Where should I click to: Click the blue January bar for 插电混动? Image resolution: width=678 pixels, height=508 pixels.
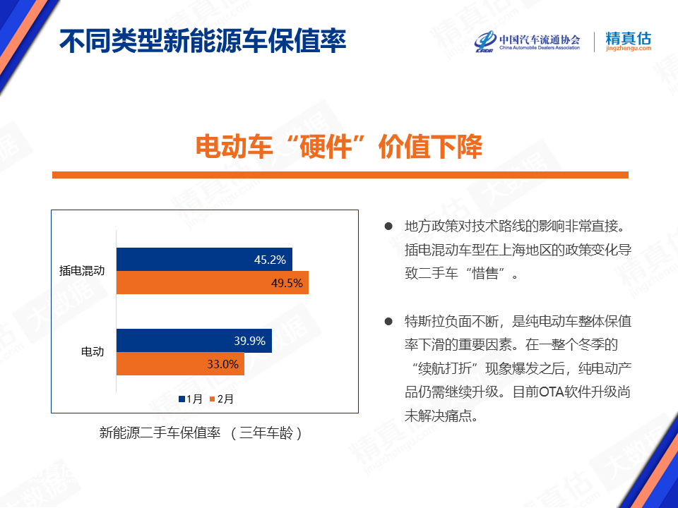tap(204, 259)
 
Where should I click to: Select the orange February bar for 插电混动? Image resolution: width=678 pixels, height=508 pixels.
tap(213, 282)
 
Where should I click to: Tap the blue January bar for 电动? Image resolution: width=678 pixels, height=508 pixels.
tap(194, 340)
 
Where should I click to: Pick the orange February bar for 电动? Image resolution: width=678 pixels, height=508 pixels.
tap(180, 364)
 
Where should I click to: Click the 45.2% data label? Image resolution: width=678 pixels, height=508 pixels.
tap(270, 260)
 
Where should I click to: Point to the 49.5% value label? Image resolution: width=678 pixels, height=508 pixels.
tap(287, 283)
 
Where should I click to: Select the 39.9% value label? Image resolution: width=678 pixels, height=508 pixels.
tap(249, 341)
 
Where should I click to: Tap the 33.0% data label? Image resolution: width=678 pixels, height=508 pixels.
tap(222, 364)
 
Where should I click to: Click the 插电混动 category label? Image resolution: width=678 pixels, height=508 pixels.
tap(82, 270)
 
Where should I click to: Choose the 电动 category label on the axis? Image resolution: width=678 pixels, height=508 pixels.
tap(93, 351)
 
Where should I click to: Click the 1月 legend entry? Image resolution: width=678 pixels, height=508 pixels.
tap(191, 399)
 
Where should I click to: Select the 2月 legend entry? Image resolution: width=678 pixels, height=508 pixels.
tap(221, 399)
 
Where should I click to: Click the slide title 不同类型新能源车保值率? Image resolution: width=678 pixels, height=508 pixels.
tap(203, 42)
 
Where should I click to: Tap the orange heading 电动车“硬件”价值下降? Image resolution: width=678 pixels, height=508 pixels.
tap(339, 147)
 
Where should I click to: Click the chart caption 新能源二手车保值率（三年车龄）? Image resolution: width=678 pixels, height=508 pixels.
tap(201, 433)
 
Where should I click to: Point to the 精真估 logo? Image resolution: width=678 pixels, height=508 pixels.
tap(629, 42)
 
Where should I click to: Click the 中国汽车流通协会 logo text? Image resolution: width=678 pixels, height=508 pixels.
tap(540, 40)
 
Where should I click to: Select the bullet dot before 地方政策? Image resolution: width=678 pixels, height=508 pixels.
tap(388, 226)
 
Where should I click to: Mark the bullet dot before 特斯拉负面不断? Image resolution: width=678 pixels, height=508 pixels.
tap(388, 322)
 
